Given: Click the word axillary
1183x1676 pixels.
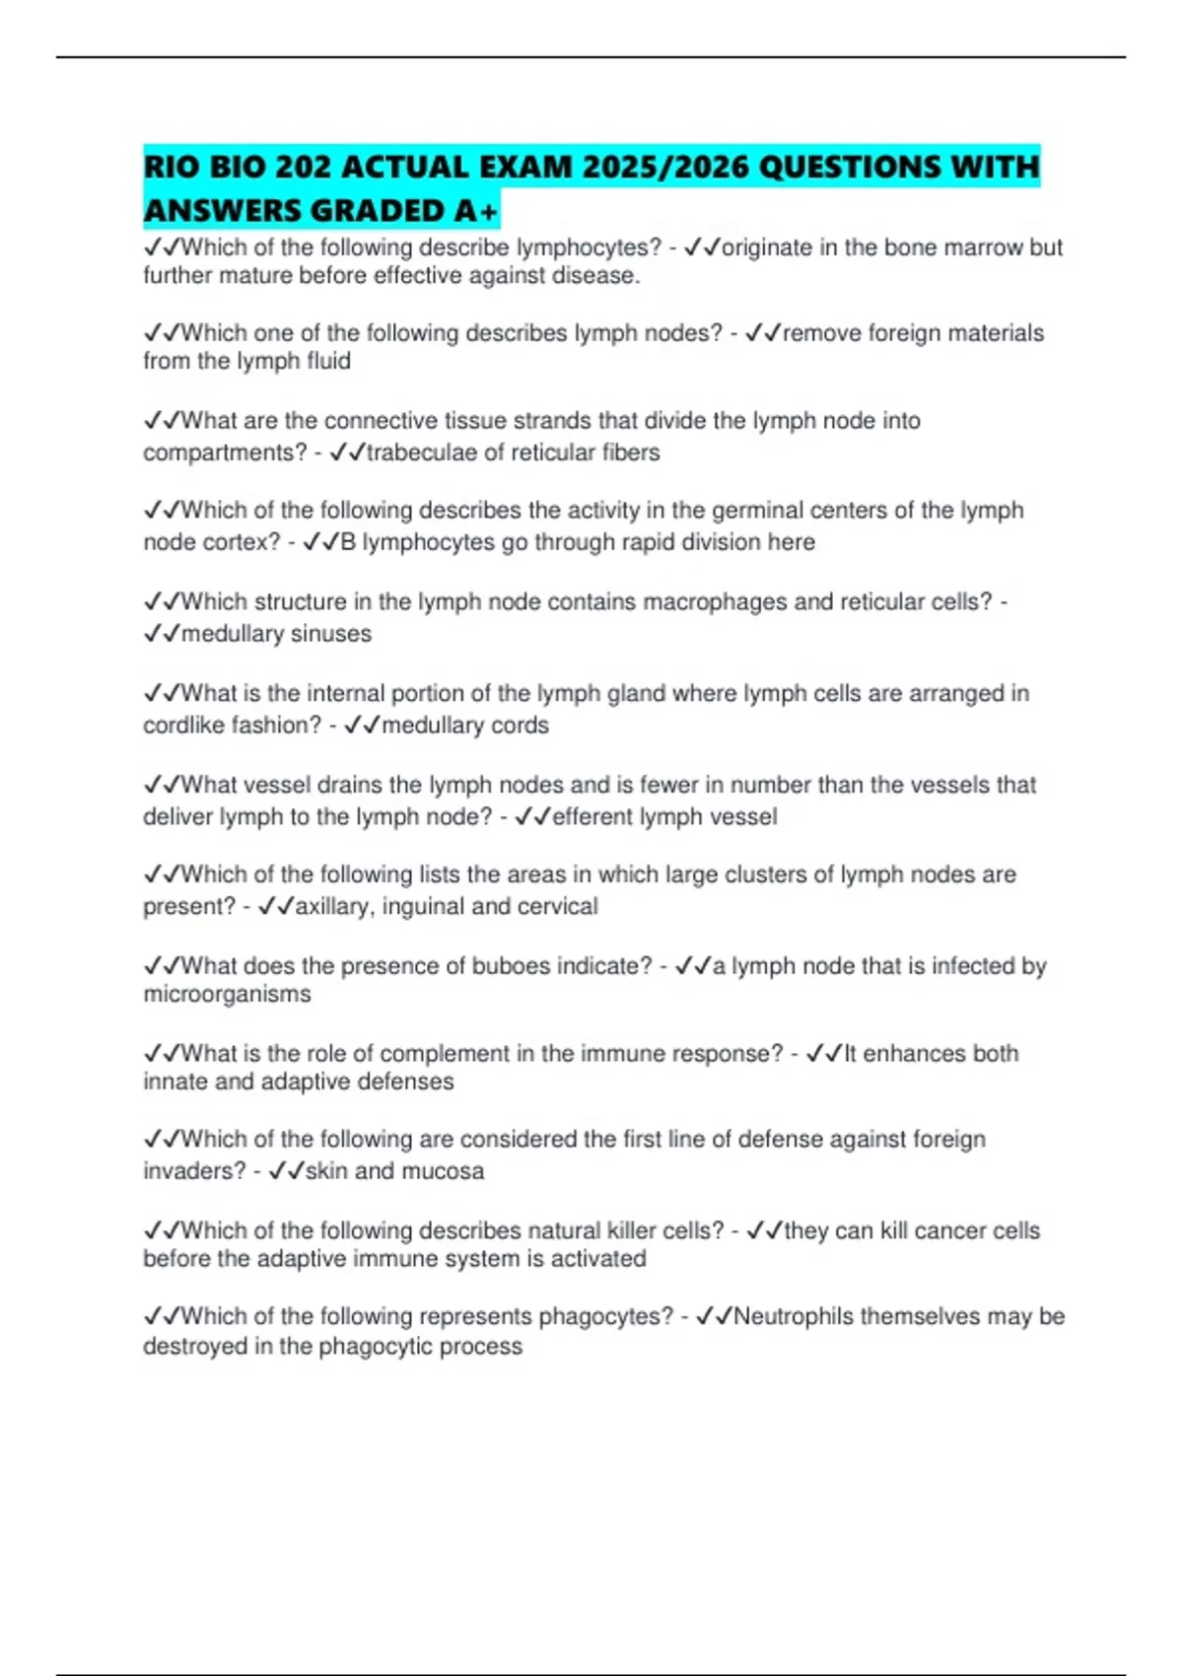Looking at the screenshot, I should [x=333, y=907].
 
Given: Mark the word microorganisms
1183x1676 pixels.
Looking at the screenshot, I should [x=227, y=995].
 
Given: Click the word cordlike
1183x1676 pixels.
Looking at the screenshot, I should [x=183, y=726].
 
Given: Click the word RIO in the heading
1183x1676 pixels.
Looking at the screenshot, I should [x=171, y=167].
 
